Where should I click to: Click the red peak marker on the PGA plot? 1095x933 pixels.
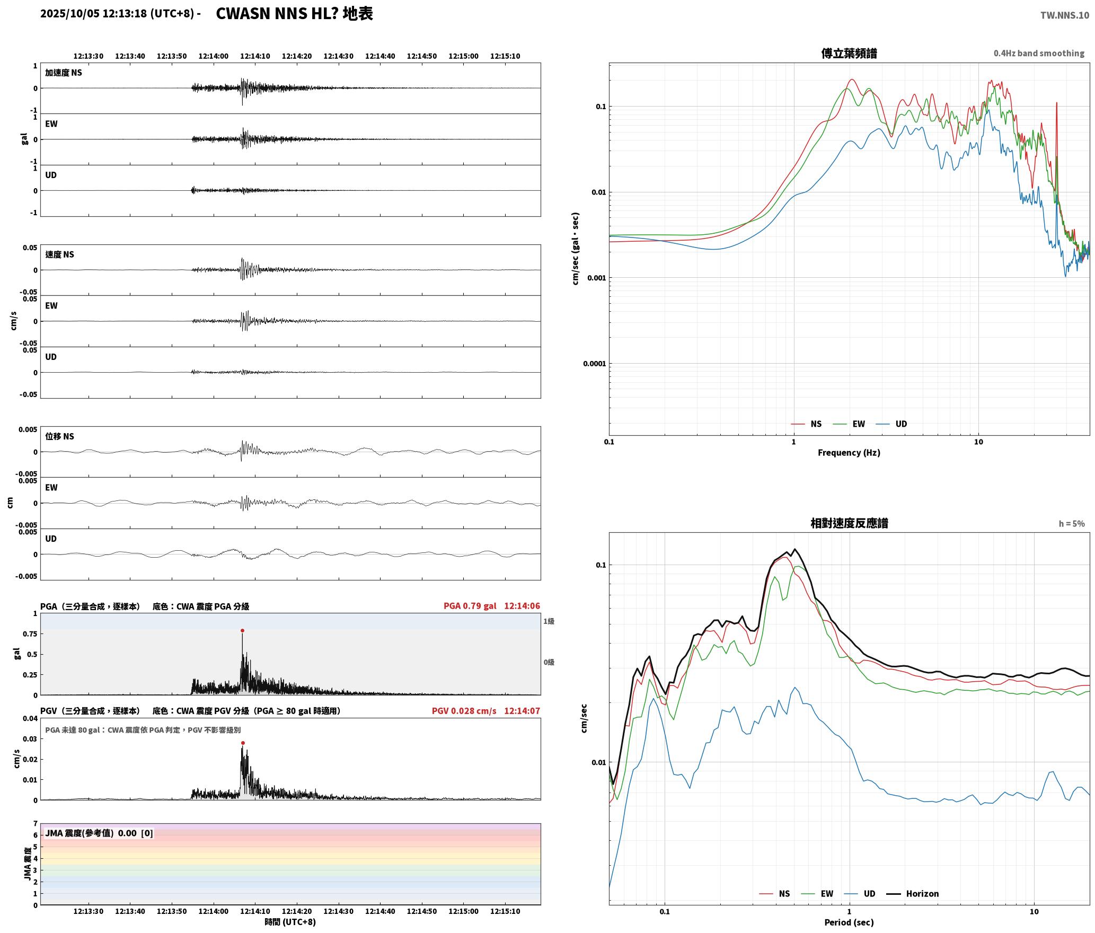pyautogui.click(x=242, y=631)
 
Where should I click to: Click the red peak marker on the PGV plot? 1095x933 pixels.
pyautogui.click(x=243, y=743)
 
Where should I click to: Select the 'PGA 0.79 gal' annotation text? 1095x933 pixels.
pyautogui.click(x=470, y=606)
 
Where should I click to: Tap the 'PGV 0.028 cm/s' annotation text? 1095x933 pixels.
pyautogui.click(x=464, y=711)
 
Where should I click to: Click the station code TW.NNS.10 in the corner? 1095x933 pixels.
pyautogui.click(x=1065, y=15)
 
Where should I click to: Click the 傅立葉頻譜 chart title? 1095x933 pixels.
pyautogui.click(x=849, y=54)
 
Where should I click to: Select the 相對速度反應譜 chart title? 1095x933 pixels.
pyautogui.click(x=849, y=523)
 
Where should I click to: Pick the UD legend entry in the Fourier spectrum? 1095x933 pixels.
pyautogui.click(x=891, y=424)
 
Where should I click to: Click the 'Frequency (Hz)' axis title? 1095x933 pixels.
pyautogui.click(x=849, y=453)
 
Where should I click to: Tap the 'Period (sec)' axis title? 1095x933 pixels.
pyautogui.click(x=849, y=922)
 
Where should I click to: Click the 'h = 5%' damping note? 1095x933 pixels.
pyautogui.click(x=1072, y=524)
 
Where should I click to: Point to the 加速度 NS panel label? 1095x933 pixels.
pyautogui.click(x=64, y=73)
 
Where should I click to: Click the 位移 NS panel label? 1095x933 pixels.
pyautogui.click(x=59, y=436)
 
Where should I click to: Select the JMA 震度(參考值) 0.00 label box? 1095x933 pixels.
pyautogui.click(x=99, y=833)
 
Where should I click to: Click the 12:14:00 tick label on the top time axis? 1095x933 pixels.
pyautogui.click(x=214, y=56)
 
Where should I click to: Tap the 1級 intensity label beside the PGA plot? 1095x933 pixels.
pyautogui.click(x=549, y=621)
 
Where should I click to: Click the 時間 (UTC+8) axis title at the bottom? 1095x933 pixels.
pyautogui.click(x=290, y=922)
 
